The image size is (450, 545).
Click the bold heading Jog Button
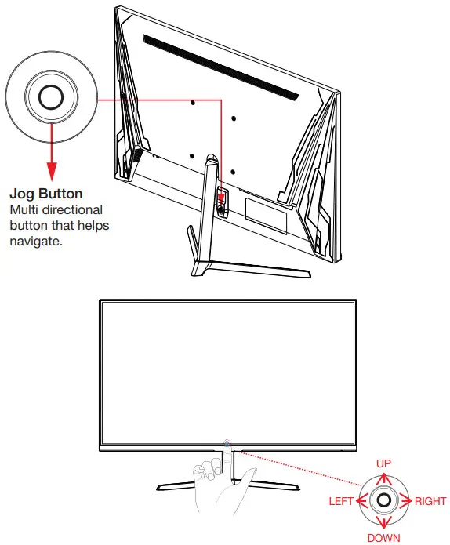point(45,193)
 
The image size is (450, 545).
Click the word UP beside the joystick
point(383,464)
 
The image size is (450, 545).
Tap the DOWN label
point(383,538)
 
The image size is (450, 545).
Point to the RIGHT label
point(430,501)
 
